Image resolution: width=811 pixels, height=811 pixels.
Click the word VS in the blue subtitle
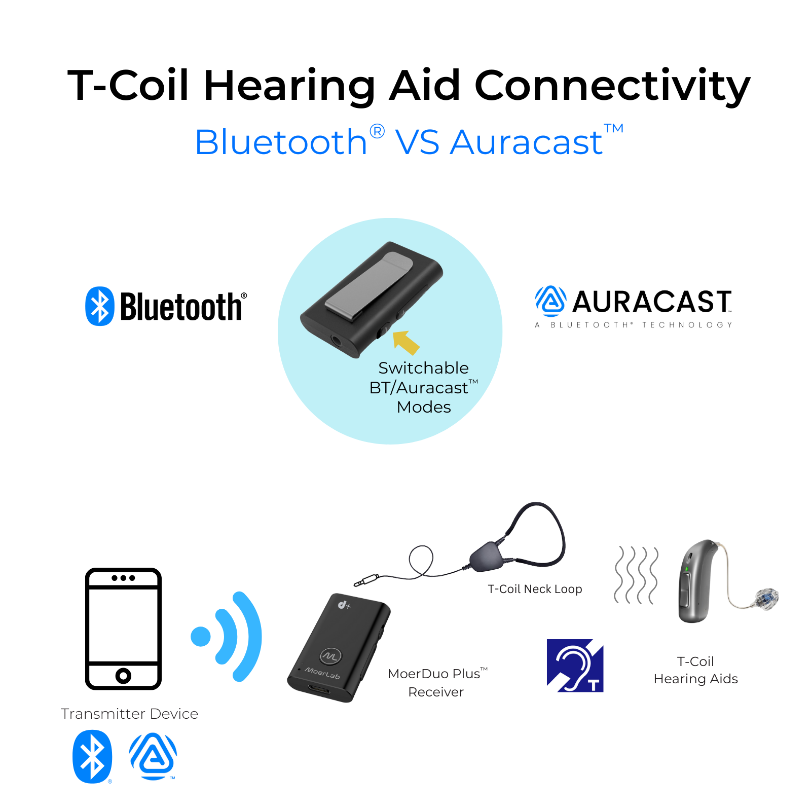[x=418, y=142]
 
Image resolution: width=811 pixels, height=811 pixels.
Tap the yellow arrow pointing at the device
[x=406, y=342]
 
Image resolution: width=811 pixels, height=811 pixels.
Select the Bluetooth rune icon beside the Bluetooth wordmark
[x=100, y=306]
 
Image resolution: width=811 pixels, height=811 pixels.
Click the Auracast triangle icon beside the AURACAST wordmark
[x=550, y=301]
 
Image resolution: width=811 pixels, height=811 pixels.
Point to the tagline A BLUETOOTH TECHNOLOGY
[x=634, y=325]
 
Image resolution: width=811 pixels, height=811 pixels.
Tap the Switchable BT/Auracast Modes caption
[x=424, y=387]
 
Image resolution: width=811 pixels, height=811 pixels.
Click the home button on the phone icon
[x=123, y=675]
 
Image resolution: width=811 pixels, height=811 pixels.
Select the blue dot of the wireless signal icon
[x=201, y=637]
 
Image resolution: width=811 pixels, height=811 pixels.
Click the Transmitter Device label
[x=130, y=714]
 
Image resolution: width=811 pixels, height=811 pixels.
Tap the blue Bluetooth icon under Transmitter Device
[x=92, y=756]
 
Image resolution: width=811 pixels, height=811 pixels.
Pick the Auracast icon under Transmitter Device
[x=153, y=756]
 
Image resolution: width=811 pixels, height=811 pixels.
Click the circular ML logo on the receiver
[x=331, y=656]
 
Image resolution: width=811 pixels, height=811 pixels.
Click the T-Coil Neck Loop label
[x=535, y=589]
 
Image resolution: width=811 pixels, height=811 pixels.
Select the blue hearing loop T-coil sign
[x=575, y=666]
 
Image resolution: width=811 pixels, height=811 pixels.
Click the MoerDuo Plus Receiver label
[x=437, y=682]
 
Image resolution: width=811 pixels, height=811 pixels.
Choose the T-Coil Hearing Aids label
[x=696, y=670]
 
